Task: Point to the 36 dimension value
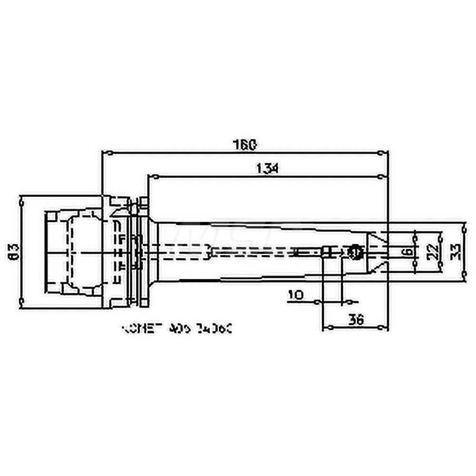pos(357,320)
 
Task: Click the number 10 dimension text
pos(296,295)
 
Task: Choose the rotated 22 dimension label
pos(430,251)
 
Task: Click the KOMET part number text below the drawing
pos(177,328)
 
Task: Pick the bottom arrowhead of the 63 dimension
pos(21,299)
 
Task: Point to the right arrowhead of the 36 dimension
pos(381,328)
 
